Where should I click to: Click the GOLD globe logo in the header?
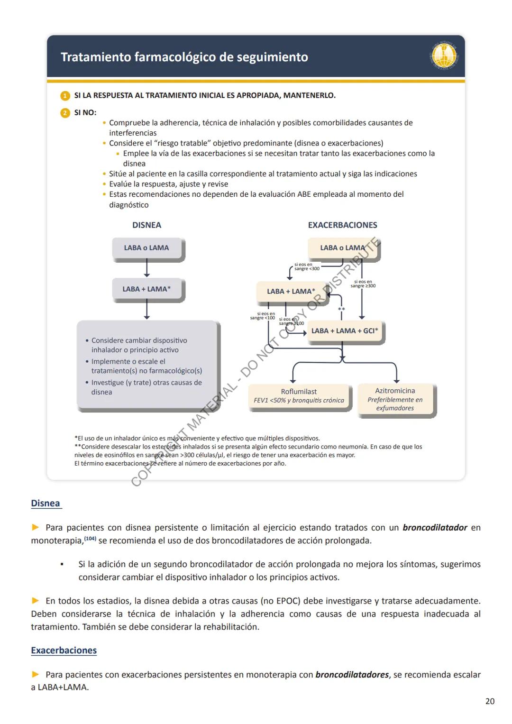[x=444, y=56]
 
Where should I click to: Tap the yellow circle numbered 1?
[x=65, y=96]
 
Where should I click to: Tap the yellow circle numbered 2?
[x=65, y=113]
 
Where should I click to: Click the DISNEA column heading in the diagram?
[x=146, y=225]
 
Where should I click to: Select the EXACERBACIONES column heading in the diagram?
[x=342, y=225]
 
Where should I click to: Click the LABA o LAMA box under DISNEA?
[x=146, y=248]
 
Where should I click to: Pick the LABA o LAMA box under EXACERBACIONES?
[x=342, y=248]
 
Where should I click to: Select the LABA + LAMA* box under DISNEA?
[x=146, y=289]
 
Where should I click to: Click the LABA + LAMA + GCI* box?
[x=345, y=331]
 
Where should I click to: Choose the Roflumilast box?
[x=299, y=396]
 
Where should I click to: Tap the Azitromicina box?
[x=395, y=399]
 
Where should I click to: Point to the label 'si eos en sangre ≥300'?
[x=363, y=284]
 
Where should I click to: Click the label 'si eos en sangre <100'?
[x=263, y=316]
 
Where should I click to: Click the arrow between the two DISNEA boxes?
[x=146, y=269]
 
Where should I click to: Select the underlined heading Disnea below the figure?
[x=46, y=504]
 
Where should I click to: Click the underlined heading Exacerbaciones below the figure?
[x=64, y=651]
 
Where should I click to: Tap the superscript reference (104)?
[x=90, y=539]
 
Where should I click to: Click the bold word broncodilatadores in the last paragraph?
[x=352, y=675]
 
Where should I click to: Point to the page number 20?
[x=490, y=701]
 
